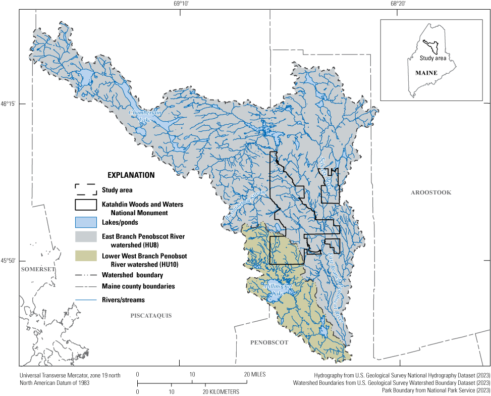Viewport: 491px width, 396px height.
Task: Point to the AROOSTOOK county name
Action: [x=430, y=192]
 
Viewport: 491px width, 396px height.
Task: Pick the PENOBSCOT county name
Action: [x=269, y=342]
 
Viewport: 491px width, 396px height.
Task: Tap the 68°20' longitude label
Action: [x=398, y=4]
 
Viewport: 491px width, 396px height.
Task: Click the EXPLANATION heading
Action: [x=131, y=175]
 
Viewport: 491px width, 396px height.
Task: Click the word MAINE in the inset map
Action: [x=426, y=73]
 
